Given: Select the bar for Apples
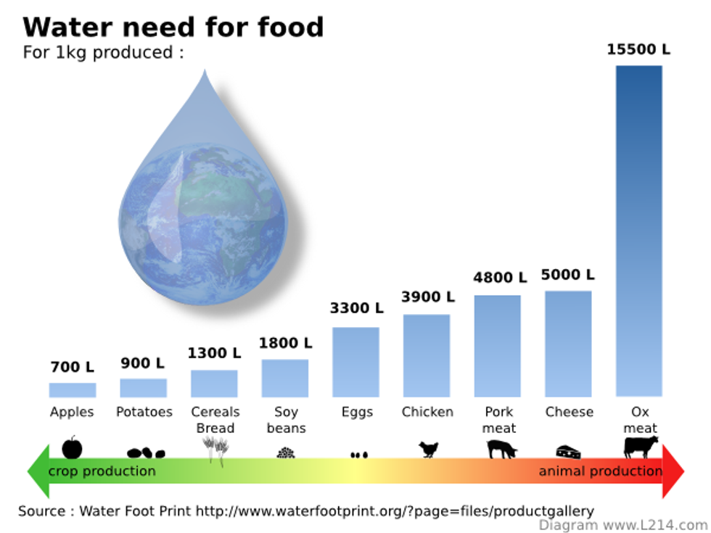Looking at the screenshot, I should pyautogui.click(x=72, y=390).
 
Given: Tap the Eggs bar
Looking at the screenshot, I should pyautogui.click(x=355, y=362).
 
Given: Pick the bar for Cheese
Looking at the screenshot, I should pyautogui.click(x=568, y=344).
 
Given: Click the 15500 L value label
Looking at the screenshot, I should pyautogui.click(x=638, y=49).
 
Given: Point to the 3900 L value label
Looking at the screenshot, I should pyautogui.click(x=428, y=297).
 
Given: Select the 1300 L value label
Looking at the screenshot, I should pyautogui.click(x=214, y=353).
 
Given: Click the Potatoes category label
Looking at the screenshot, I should pyautogui.click(x=144, y=412).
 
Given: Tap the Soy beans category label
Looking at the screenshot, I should pyautogui.click(x=286, y=420).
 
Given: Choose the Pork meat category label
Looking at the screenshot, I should pyautogui.click(x=498, y=420).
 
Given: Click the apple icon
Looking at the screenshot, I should pyautogui.click(x=72, y=447).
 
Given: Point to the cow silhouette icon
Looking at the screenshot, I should pyautogui.click(x=640, y=447).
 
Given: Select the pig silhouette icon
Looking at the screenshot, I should pyautogui.click(x=501, y=449).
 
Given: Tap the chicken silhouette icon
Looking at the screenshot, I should pyautogui.click(x=429, y=450).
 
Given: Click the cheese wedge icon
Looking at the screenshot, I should pyautogui.click(x=568, y=452).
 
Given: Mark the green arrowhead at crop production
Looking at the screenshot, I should pyautogui.click(x=37, y=471).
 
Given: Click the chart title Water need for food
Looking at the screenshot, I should pyautogui.click(x=173, y=27).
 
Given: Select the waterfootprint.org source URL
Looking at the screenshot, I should pyautogui.click(x=395, y=511).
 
